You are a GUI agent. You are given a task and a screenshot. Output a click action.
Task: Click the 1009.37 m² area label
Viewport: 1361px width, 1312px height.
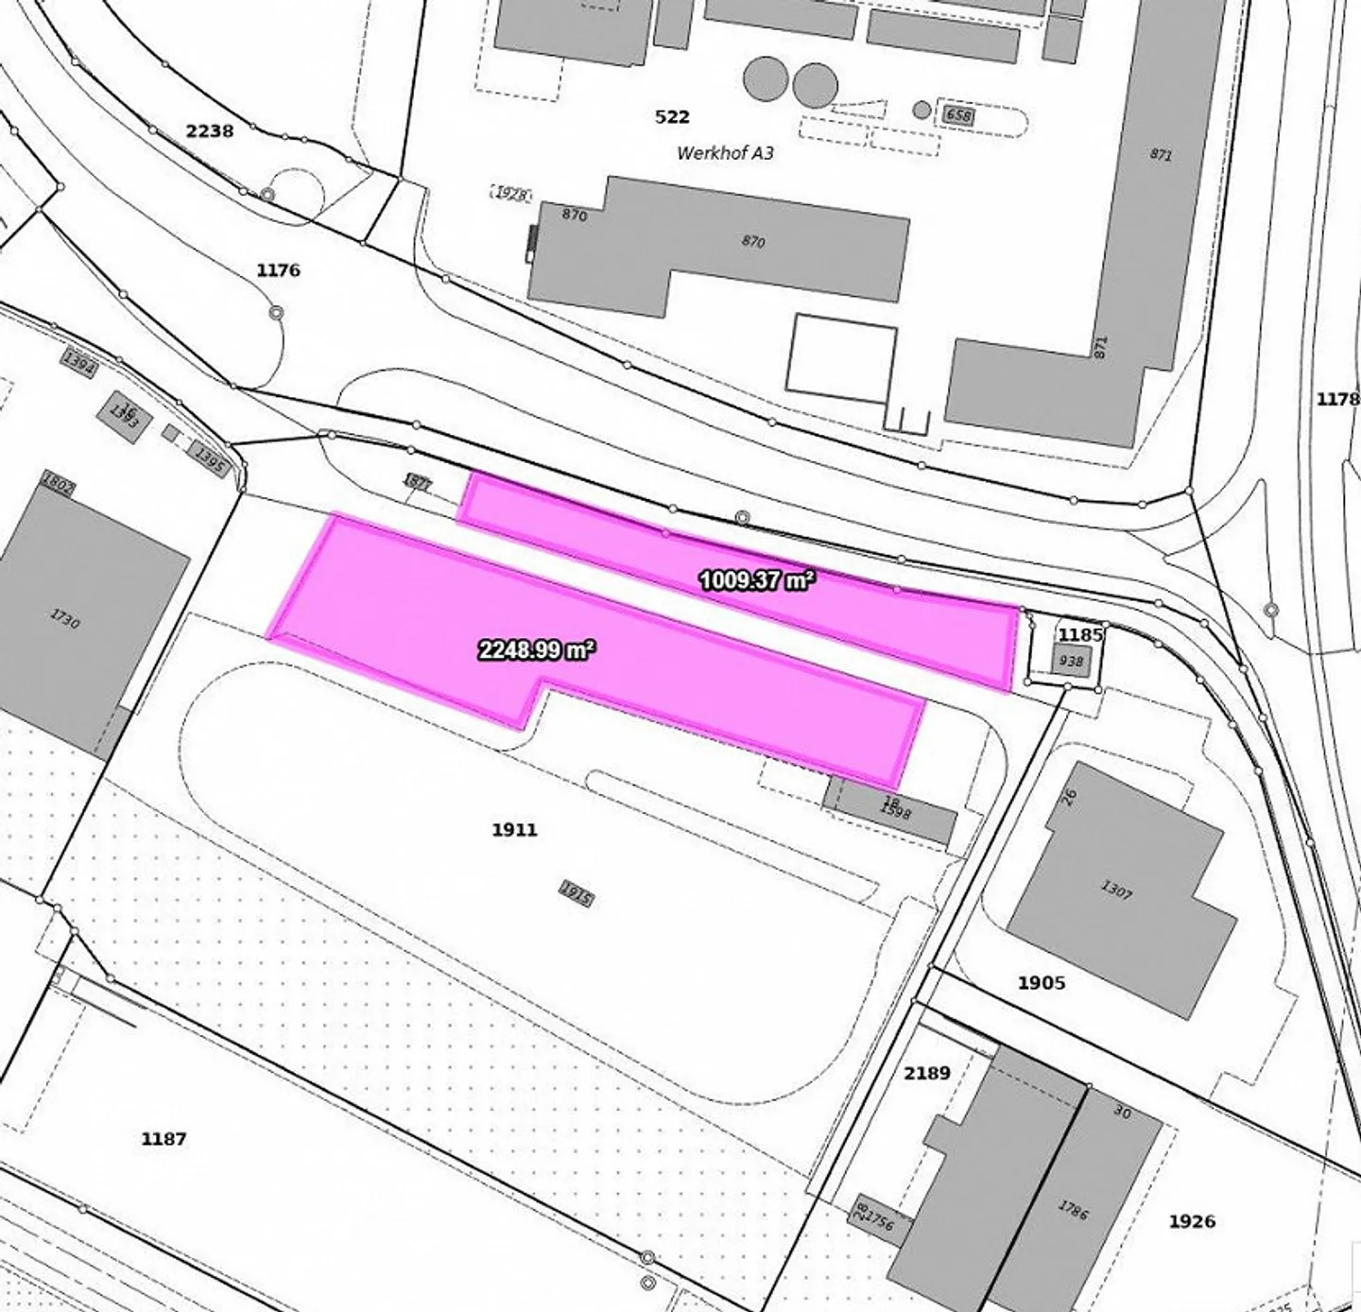pyautogui.click(x=756, y=580)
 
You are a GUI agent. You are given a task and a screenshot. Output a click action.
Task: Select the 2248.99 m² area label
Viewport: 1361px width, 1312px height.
pyautogui.click(x=537, y=649)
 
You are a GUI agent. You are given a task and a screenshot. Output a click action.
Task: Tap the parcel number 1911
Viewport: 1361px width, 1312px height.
pyautogui.click(x=514, y=830)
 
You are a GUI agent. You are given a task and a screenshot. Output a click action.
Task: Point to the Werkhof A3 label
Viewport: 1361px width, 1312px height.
pyautogui.click(x=725, y=152)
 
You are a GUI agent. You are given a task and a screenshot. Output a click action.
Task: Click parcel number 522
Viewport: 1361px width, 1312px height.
pyautogui.click(x=672, y=117)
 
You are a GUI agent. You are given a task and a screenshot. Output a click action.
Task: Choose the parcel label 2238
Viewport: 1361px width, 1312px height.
pyautogui.click(x=209, y=130)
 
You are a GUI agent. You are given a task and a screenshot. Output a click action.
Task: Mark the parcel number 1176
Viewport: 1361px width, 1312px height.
pyautogui.click(x=278, y=270)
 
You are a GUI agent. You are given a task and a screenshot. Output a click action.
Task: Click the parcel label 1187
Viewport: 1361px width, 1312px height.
pyautogui.click(x=164, y=1139)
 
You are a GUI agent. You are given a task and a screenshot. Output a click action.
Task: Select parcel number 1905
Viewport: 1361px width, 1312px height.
pyautogui.click(x=1042, y=983)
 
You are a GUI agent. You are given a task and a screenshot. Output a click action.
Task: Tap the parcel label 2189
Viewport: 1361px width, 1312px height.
pyautogui.click(x=926, y=1073)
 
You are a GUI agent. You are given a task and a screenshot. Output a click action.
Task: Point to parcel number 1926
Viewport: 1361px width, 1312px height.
pyautogui.click(x=1192, y=1221)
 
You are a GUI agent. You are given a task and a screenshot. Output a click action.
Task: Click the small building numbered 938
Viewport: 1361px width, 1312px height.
pyautogui.click(x=1071, y=661)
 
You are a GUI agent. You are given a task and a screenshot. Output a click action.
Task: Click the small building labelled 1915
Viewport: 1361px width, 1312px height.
pyautogui.click(x=576, y=893)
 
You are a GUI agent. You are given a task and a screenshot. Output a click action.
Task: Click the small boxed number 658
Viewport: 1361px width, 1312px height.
pyautogui.click(x=958, y=115)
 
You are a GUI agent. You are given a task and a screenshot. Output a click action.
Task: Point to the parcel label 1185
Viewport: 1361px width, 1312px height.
pyautogui.click(x=1080, y=633)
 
